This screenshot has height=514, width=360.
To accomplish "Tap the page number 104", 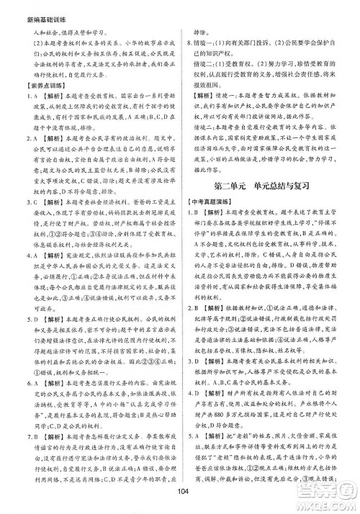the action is [180, 501].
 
